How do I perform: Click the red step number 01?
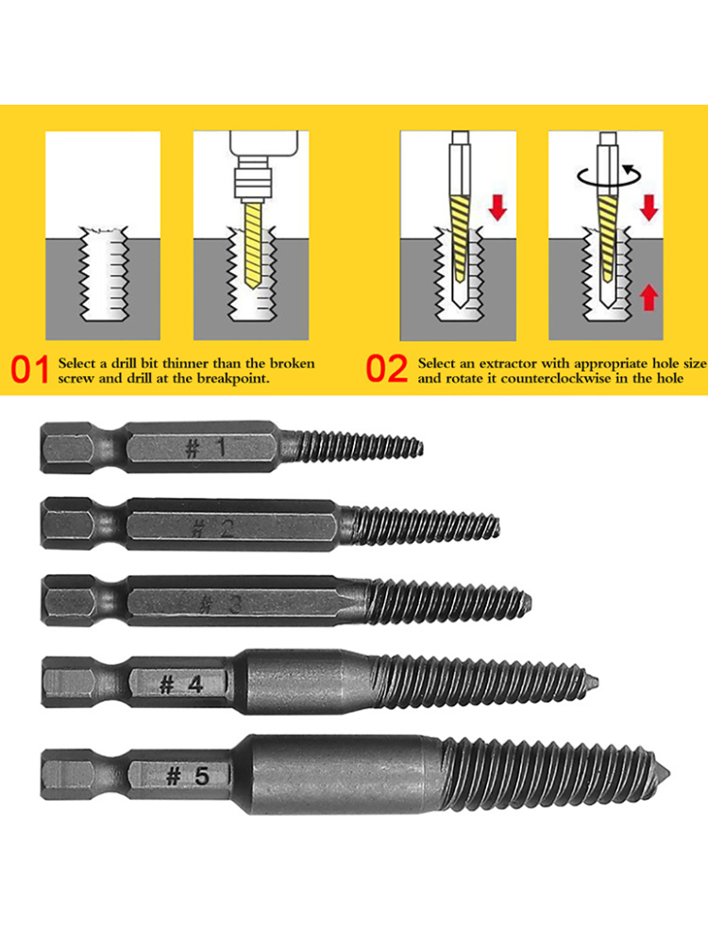29,370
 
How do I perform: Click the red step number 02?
386,370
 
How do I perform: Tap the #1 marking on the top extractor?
205,447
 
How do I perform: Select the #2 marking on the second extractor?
211,529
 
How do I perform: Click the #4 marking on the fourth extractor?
181,685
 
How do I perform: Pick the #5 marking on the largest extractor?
187,776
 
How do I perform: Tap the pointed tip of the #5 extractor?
669,773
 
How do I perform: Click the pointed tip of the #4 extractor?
598,682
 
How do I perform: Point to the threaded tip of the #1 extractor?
421,447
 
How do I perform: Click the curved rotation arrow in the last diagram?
610,176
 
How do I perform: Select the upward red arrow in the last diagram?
649,297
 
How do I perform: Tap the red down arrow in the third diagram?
497,207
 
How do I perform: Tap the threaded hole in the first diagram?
104,273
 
